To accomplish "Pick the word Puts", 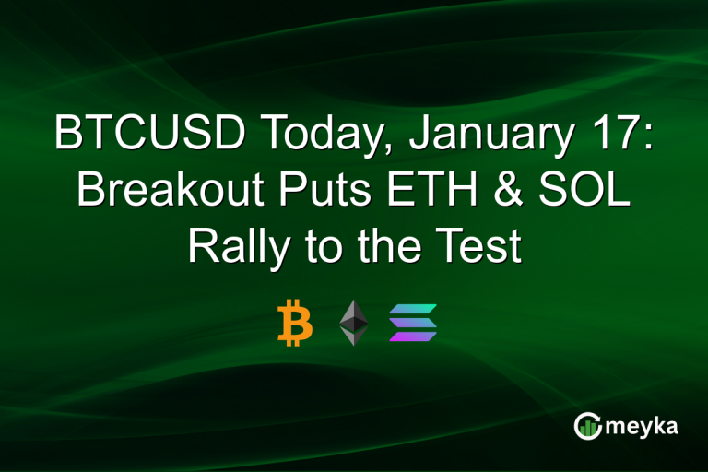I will pos(313,191).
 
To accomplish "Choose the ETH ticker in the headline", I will pos(414,191).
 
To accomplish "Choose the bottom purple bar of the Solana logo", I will pos(413,336).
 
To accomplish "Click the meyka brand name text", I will pos(643,428).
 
